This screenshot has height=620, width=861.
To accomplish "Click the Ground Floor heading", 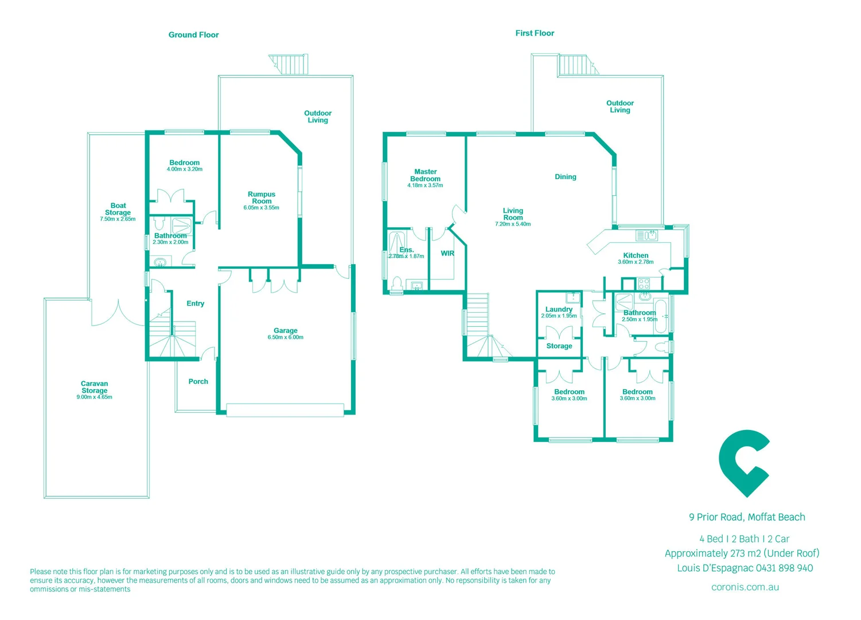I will [193, 35].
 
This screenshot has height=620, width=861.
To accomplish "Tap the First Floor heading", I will [535, 33].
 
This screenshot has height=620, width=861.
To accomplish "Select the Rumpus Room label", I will [262, 197].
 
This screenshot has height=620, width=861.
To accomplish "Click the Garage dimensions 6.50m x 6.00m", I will [285, 338].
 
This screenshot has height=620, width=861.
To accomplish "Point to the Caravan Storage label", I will [95, 387].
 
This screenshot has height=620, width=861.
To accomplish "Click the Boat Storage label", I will [118, 209].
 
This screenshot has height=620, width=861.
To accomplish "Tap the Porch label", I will [198, 381].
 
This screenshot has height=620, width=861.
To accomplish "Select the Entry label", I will [195, 304].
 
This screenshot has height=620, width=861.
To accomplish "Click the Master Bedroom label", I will [426, 175].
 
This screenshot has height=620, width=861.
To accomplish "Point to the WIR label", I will [447, 253].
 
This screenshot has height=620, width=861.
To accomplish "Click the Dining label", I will [566, 177].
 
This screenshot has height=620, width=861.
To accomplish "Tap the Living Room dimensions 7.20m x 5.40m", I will [513, 224].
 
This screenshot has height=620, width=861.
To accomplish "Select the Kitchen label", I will [636, 255].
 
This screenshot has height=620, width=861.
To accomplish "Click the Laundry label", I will [559, 309].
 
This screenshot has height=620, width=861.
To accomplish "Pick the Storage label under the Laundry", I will [559, 346].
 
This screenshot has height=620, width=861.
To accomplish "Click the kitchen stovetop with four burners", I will [644, 283].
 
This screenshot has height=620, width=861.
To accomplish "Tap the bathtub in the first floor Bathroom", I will [661, 316].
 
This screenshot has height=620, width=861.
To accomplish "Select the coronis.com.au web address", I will [745, 587].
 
